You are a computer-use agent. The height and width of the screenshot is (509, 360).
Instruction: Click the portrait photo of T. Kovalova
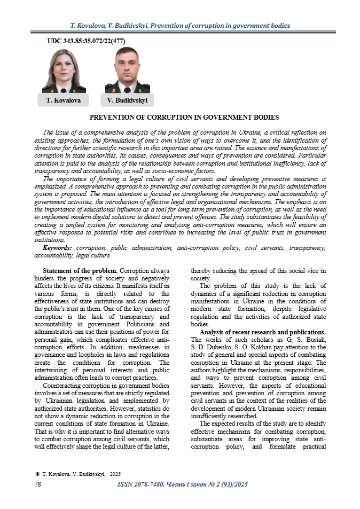point(64,71)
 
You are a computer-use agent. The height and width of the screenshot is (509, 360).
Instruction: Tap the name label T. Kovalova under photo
point(64,100)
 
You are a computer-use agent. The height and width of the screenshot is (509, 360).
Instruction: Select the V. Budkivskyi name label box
point(127,100)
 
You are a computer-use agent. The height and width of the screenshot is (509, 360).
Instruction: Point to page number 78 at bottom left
point(38,484)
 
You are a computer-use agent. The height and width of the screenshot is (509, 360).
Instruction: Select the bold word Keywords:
point(58,248)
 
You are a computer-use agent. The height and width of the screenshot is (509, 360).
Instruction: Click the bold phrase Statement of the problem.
point(80,271)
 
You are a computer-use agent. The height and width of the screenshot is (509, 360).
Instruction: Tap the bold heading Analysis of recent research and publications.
point(266,332)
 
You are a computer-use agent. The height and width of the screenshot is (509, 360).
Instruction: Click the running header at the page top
point(180,25)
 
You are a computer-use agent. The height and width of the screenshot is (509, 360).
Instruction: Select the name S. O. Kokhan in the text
point(259,347)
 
